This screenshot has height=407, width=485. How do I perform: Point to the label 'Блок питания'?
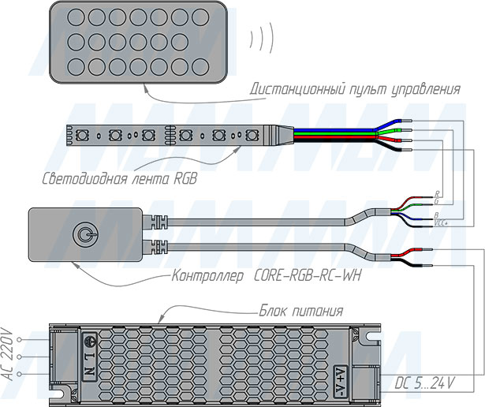[293, 310]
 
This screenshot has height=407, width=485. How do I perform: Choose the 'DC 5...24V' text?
[424, 384]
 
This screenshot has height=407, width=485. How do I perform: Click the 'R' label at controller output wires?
[437, 193]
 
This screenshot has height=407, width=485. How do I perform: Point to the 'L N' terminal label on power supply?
[90, 359]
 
